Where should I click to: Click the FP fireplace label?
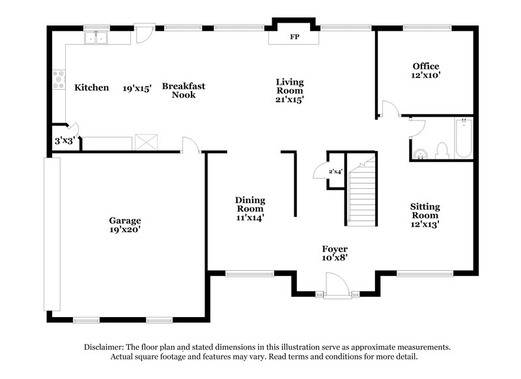click(x=294, y=37)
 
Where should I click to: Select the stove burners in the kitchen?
click(x=59, y=79)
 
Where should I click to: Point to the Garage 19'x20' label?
click(x=125, y=225)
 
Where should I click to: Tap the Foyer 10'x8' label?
click(x=335, y=253)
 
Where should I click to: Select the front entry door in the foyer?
click(x=337, y=285)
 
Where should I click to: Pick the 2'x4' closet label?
click(x=335, y=171)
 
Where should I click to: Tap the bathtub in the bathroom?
click(x=463, y=138)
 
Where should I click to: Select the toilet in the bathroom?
click(x=441, y=150)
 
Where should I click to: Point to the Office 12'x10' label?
click(x=427, y=70)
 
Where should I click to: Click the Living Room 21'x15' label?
click(x=290, y=91)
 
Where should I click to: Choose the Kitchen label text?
click(x=91, y=87)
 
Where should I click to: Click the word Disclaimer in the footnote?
click(x=106, y=347)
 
